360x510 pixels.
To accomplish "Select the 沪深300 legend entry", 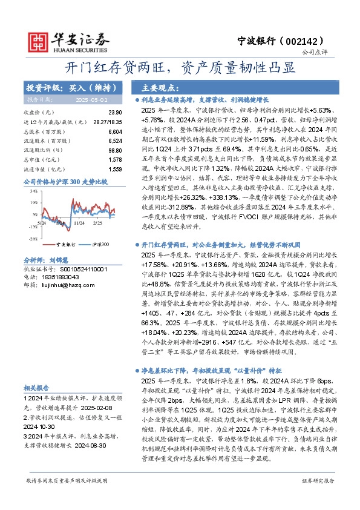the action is (x=97, y=243).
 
